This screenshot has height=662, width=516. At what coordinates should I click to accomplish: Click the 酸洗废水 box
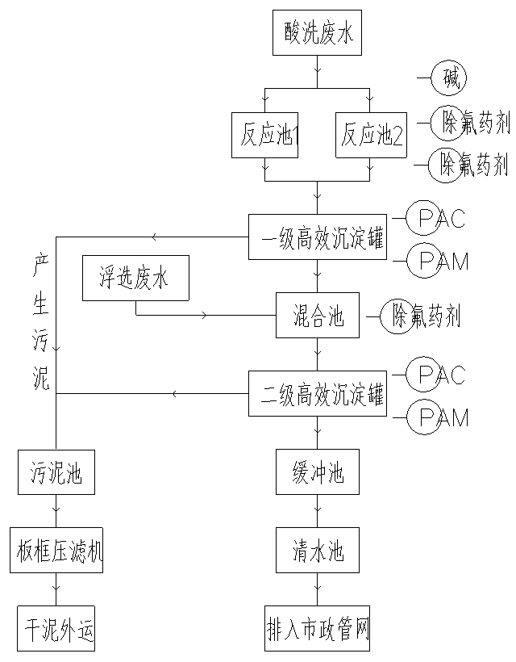pos(318,35)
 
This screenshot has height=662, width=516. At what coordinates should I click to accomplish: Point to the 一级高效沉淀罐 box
pos(318,237)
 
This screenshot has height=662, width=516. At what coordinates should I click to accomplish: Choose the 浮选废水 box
pos(135,279)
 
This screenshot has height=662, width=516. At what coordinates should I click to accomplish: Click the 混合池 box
pos(318,316)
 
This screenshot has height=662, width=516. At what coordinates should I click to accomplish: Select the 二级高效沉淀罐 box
pos(318,394)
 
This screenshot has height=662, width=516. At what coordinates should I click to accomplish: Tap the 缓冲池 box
pos(318,472)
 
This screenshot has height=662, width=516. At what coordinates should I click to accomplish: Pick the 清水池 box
pos(318,551)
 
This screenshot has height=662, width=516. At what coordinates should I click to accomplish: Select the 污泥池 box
pos(56,472)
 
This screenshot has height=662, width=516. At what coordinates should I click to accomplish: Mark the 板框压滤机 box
pos(56,551)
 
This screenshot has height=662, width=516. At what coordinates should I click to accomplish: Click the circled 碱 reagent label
pos(449,78)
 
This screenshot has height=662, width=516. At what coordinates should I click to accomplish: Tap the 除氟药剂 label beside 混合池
pos(426,316)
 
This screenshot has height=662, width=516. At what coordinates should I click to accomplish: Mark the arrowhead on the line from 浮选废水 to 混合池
pos(204,315)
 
